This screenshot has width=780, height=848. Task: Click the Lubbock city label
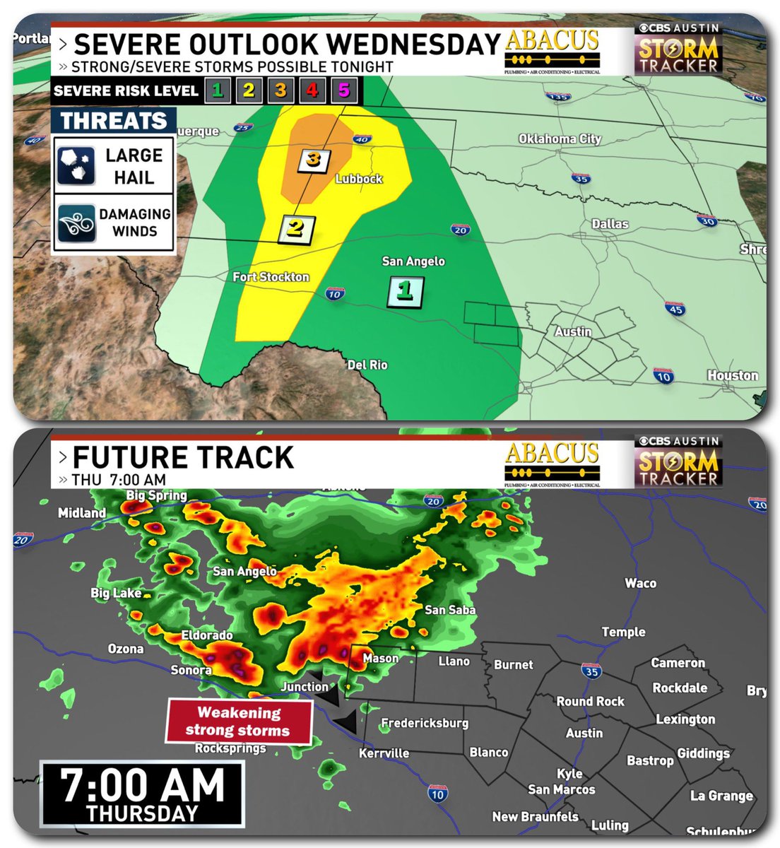coord(359,179)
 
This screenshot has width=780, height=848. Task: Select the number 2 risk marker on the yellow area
coord(297,228)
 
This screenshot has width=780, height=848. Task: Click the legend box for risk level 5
coord(344,90)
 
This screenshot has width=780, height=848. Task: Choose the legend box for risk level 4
coord(312,90)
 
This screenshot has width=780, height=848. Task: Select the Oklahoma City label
coord(560,139)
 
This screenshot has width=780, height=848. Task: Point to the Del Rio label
coord(367,365)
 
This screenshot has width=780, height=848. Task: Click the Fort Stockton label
coord(271,277)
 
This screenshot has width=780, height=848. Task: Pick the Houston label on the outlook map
coord(733,375)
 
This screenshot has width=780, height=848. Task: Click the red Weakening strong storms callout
coord(239,722)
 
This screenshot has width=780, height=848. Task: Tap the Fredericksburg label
coord(425,724)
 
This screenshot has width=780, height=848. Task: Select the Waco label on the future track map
coord(640,583)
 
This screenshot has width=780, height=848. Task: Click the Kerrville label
coord(384,753)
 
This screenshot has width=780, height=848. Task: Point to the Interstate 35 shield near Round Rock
coord(592,671)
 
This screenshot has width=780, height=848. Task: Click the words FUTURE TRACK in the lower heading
coord(183,457)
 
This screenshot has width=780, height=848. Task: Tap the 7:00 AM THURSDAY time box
coord(142,793)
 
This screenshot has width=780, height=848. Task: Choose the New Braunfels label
coord(535,817)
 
